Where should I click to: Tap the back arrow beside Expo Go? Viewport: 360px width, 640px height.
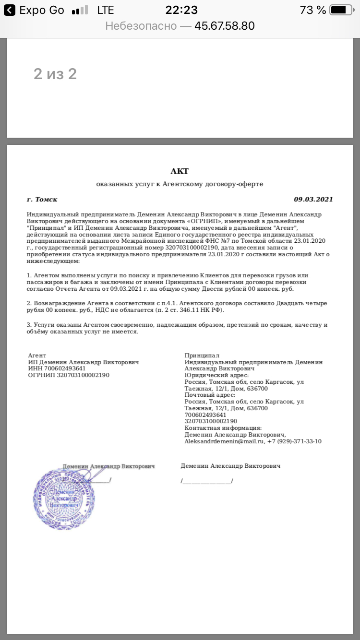[x=9, y=10]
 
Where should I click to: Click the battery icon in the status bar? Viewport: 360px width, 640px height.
[x=341, y=10]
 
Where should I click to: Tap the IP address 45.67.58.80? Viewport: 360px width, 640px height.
[x=224, y=26]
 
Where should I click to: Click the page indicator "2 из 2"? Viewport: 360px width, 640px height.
[x=55, y=74]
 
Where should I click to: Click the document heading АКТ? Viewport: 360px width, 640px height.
[x=180, y=171]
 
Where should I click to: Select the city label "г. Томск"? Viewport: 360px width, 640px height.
[x=42, y=200]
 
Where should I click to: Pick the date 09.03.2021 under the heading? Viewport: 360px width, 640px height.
[x=313, y=200]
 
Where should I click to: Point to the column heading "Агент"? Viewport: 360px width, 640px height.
[x=37, y=356]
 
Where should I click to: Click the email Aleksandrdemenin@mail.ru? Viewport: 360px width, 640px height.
[x=225, y=441]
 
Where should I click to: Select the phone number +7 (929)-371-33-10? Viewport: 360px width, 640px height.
[x=294, y=441]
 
